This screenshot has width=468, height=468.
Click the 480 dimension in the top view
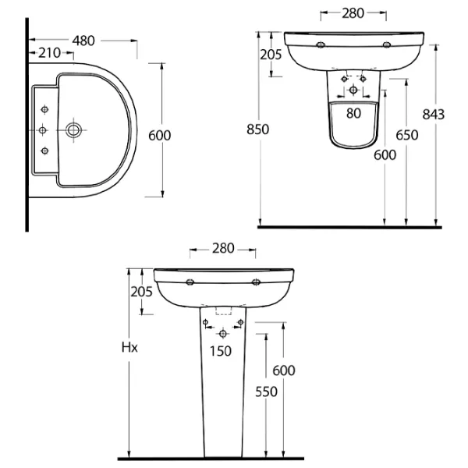[x=83, y=41]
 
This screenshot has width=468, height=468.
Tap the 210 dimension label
[x=50, y=53]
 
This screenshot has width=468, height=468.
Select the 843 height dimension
[x=434, y=115]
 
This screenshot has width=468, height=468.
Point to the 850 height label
[x=258, y=129]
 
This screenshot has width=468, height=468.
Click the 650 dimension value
[x=407, y=135]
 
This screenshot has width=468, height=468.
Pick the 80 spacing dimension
[x=353, y=113]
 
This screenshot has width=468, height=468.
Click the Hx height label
[x=129, y=347]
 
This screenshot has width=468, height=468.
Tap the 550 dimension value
[x=266, y=392]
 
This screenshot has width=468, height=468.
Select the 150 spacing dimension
[x=221, y=351]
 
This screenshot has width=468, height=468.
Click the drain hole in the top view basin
[x=73, y=130]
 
